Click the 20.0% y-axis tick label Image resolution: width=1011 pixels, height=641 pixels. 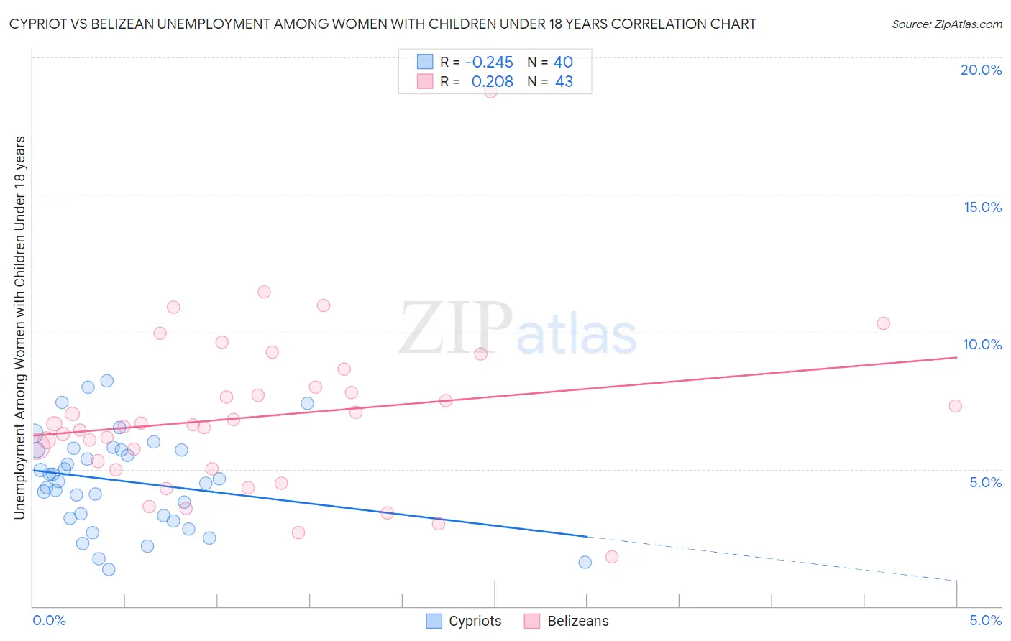981,70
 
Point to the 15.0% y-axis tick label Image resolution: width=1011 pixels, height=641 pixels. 982,207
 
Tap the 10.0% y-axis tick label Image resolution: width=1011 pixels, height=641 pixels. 982,344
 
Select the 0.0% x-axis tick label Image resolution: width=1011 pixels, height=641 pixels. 49,620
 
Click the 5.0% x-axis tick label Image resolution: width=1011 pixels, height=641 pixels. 985,620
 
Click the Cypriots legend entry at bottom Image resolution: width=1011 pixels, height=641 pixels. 464,621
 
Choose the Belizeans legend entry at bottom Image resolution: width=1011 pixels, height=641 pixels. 567,621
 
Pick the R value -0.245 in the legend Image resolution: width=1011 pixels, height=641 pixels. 489,63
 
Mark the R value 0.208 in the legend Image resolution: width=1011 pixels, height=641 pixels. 492,82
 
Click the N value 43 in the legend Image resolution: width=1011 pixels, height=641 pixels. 564,82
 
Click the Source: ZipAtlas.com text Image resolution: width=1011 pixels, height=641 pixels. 946,24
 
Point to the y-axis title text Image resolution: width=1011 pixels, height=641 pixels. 19,327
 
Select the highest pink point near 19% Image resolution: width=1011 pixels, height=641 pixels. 490,91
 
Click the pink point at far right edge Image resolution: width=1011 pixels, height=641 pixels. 955,406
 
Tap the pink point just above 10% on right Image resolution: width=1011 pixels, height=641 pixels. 883,323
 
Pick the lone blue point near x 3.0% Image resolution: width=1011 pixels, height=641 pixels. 585,562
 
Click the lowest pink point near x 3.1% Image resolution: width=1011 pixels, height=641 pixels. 612,557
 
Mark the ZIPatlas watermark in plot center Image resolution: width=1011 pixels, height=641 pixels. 518,330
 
